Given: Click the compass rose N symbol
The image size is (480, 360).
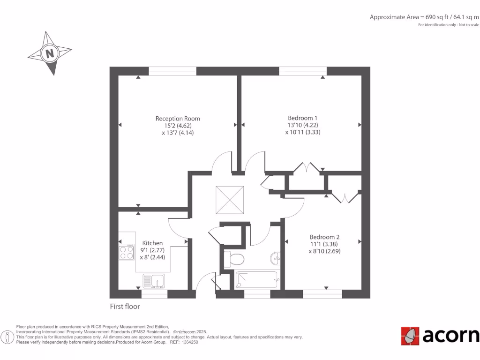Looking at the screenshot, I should point(49,53).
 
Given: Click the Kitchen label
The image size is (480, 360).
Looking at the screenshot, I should point(152,243).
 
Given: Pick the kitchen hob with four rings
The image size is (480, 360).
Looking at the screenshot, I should point(127,253).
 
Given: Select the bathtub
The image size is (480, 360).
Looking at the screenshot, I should point(257,280).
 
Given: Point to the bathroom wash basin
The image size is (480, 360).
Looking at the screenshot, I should point(276,258).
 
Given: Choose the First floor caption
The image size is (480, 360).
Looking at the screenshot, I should point(125,307).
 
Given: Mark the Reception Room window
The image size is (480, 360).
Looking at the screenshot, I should point(172,71).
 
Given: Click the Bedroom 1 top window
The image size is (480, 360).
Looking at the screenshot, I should point(303,71).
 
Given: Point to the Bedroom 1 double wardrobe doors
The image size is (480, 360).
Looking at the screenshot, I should point(306,167).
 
